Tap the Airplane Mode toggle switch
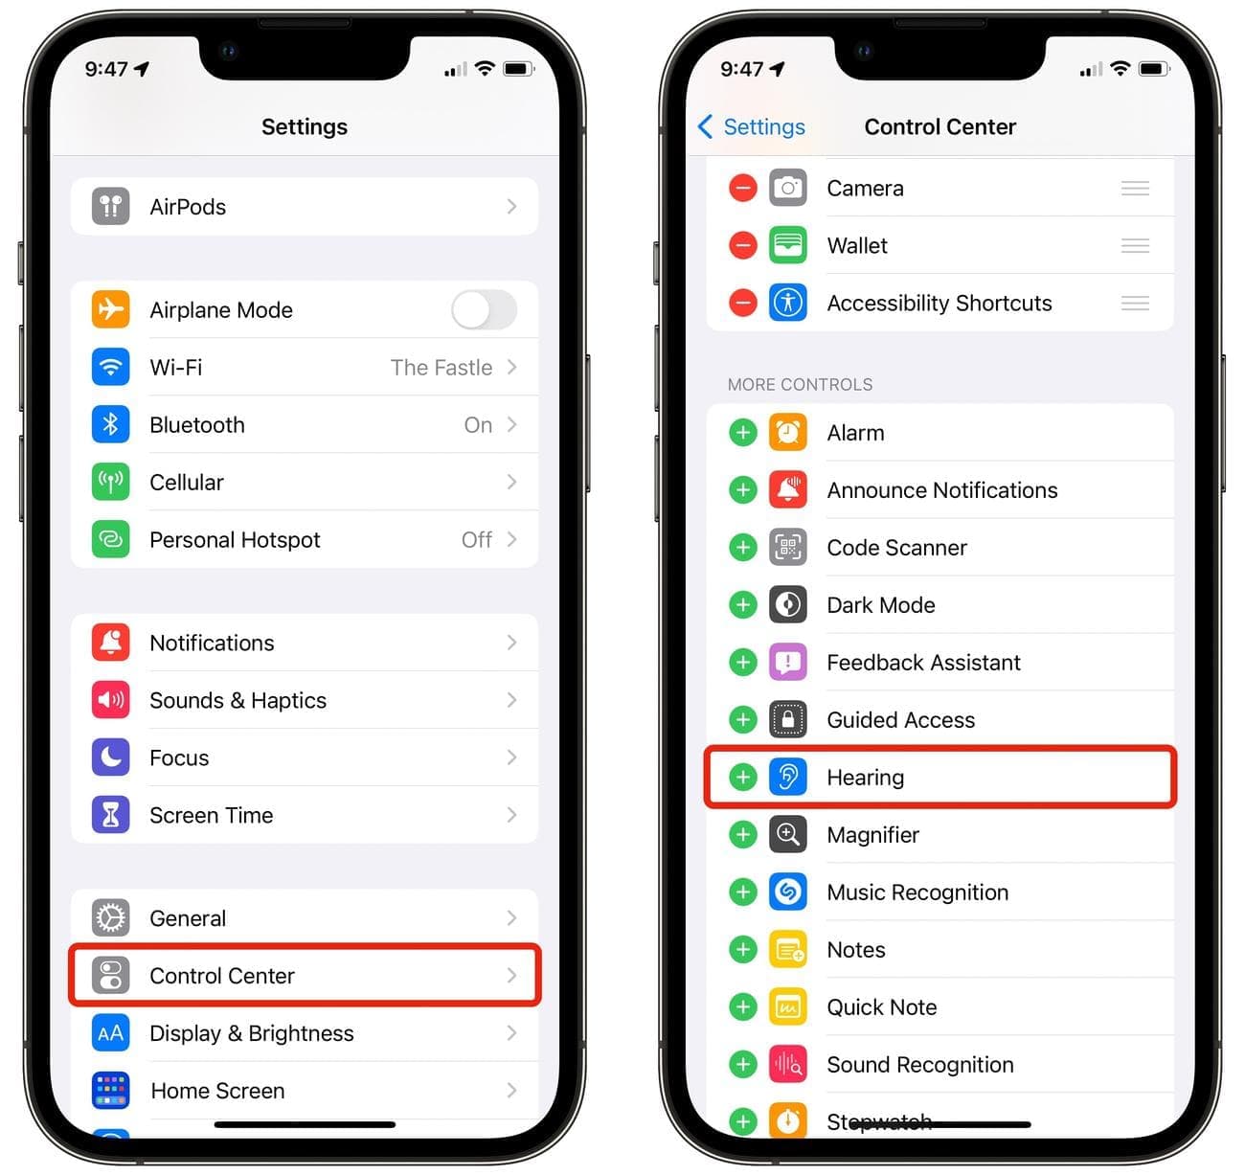[x=484, y=309]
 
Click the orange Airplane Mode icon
[x=110, y=309]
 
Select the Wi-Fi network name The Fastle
[x=441, y=368]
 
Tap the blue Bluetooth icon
[x=110, y=424]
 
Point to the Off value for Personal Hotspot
[x=476, y=540]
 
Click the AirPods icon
[x=110, y=206]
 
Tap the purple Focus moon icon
[x=110, y=757]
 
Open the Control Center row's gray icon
[x=110, y=975]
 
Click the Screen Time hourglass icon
[x=110, y=815]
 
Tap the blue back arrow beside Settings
[x=705, y=126]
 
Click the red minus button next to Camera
[x=743, y=188]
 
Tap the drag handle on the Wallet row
[x=1135, y=245]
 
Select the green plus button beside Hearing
[x=743, y=778]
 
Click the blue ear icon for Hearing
[x=788, y=778]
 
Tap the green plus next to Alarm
[x=743, y=433]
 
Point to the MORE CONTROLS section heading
[x=800, y=384]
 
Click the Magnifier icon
[x=788, y=834]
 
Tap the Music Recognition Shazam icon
[x=788, y=893]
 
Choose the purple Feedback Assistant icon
[x=788, y=662]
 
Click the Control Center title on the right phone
[x=939, y=126]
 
